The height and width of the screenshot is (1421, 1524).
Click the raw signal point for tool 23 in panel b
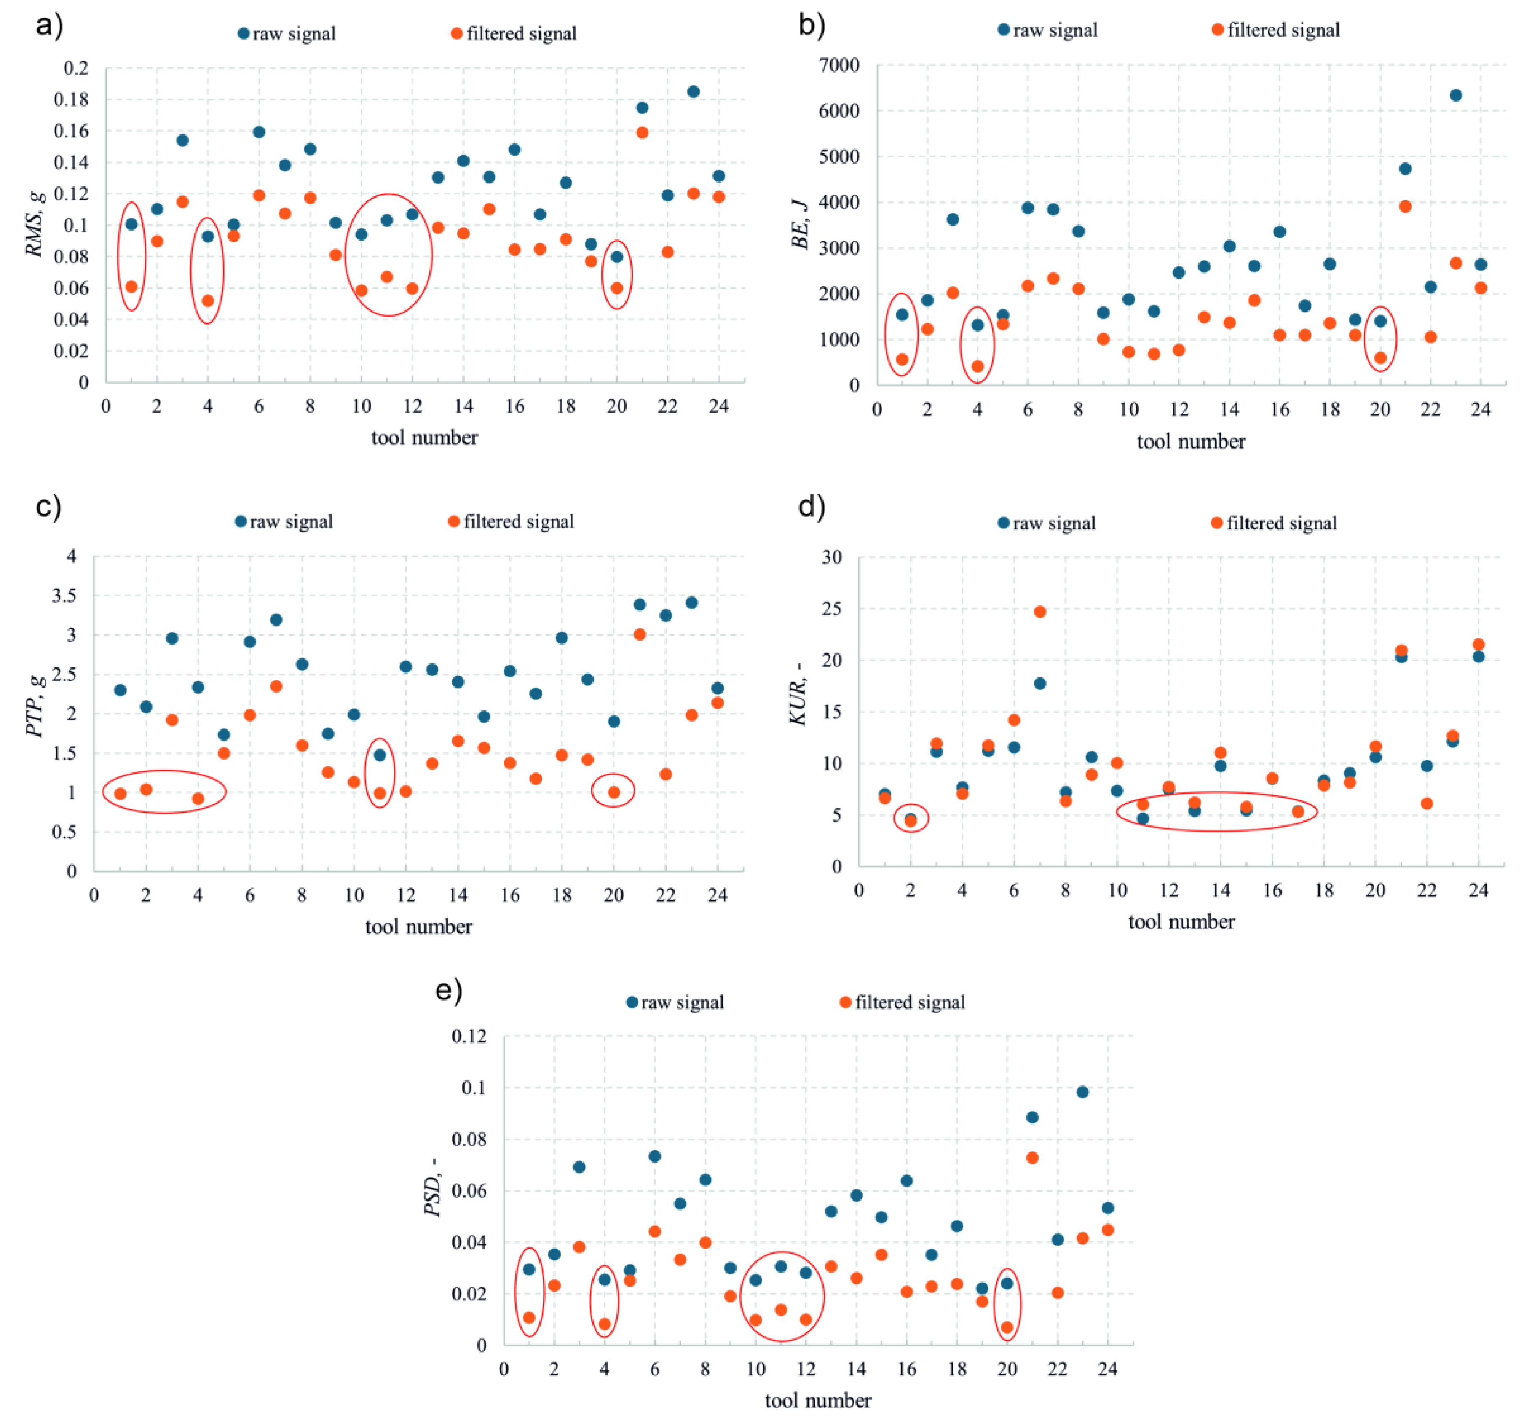pos(1455,95)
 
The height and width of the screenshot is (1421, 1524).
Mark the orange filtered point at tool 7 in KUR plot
pos(1039,611)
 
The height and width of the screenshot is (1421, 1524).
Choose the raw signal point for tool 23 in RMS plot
pos(693,91)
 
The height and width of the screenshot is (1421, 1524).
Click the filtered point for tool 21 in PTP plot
pos(639,634)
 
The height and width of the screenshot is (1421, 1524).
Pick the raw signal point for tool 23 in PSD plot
pos(1082,1091)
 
